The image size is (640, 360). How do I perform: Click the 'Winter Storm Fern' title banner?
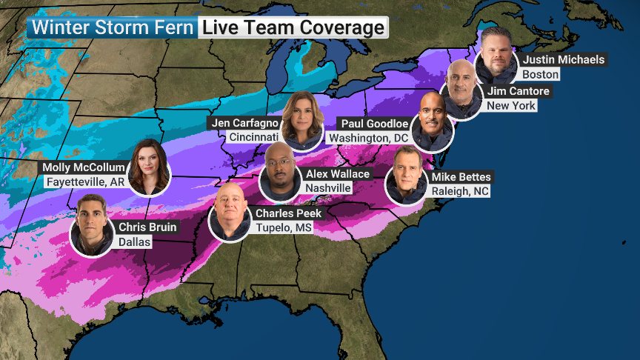(111, 27)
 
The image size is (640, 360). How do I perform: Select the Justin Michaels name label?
(564, 59)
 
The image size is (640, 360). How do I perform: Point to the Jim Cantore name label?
(519, 91)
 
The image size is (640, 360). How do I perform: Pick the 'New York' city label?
(511, 106)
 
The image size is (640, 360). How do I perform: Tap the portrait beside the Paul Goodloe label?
(432, 121)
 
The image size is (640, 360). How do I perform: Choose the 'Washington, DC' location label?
(369, 138)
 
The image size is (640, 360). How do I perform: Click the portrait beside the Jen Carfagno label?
(302, 119)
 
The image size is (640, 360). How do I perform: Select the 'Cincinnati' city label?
(254, 137)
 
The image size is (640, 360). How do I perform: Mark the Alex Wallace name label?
(338, 173)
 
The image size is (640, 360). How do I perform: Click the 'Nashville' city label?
(328, 188)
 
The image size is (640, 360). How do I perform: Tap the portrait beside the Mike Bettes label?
(407, 176)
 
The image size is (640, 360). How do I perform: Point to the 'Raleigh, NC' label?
(461, 191)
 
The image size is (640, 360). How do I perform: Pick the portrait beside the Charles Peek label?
(230, 211)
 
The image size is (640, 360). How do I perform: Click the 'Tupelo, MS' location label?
(284, 227)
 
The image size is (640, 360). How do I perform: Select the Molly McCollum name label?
(84, 167)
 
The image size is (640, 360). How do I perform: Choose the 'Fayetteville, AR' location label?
(84, 182)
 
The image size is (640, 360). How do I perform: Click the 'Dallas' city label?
(134, 242)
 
